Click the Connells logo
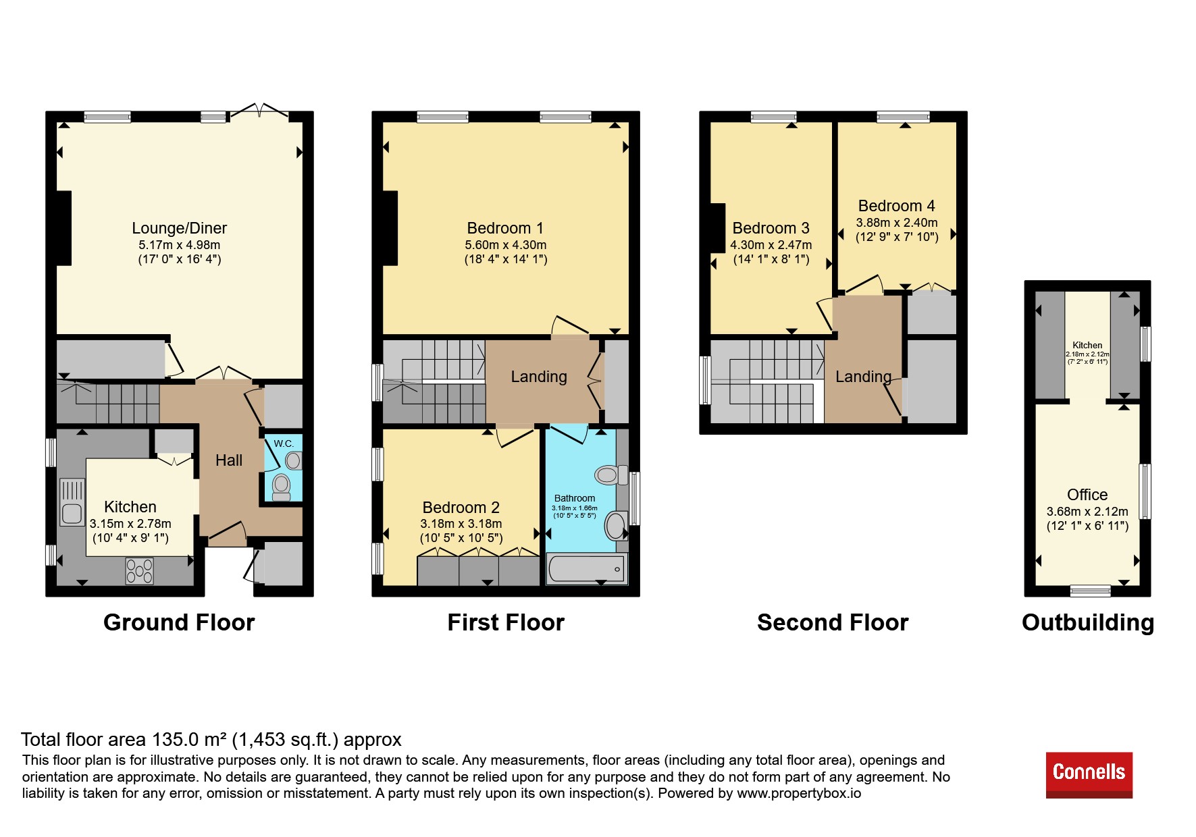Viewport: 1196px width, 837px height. pos(1089,774)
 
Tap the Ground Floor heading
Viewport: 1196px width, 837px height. pos(179,622)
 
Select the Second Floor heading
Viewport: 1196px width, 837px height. pos(833,622)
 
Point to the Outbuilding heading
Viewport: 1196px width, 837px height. pos(1087,623)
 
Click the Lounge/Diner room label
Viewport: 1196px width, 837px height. pos(179,228)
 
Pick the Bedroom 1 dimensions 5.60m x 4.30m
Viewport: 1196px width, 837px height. pos(505,245)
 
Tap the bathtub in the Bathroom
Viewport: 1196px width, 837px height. pos(586,568)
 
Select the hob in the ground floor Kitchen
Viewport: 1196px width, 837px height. pos(139,571)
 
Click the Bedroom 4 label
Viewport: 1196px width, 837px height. pos(896,206)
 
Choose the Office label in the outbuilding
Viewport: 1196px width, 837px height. pos(1087,495)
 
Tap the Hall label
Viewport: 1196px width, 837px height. pos(229,460)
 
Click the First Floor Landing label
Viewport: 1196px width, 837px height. pos(539,377)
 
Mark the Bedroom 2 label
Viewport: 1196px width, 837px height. pos(461,508)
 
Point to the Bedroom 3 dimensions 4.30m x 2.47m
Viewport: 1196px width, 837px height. pos(771,245)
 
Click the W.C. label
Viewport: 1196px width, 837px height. pos(284,443)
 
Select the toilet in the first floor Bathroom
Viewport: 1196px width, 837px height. pos(610,475)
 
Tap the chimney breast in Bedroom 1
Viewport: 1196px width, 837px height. pos(390,228)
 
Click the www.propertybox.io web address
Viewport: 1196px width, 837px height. pos(799,793)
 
